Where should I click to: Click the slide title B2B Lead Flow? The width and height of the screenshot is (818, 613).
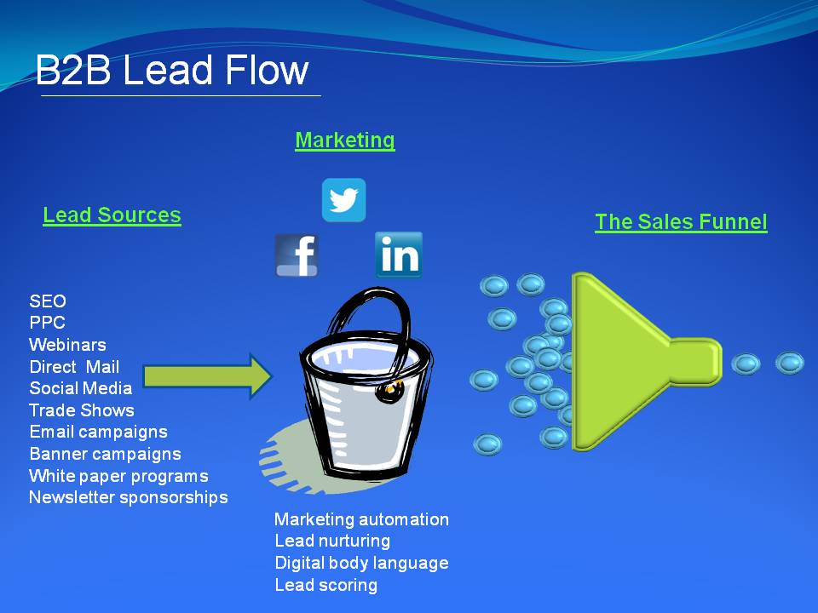click(171, 70)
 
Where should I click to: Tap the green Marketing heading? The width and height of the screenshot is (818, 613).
click(345, 140)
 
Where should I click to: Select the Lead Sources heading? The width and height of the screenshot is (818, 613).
click(112, 215)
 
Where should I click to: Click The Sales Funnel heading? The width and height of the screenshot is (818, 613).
click(681, 222)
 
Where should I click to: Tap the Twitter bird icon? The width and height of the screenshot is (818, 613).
click(343, 200)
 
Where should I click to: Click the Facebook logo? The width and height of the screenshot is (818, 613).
click(297, 255)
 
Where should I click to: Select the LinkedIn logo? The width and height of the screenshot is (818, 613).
click(399, 255)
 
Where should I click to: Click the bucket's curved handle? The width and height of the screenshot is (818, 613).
click(358, 311)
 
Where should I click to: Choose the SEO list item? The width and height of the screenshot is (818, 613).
click(48, 301)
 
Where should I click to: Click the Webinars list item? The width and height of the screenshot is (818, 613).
click(67, 345)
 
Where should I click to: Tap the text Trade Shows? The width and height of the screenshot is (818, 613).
click(82, 410)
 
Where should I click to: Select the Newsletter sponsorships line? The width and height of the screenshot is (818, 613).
click(129, 497)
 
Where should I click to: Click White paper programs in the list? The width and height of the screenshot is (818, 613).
click(118, 476)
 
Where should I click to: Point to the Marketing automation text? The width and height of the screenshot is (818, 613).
click(361, 519)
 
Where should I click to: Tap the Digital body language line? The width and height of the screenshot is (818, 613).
click(361, 563)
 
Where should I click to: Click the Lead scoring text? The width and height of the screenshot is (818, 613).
click(325, 585)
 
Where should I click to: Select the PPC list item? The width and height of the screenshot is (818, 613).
click(47, 323)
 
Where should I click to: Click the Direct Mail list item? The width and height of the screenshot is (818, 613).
click(74, 367)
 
